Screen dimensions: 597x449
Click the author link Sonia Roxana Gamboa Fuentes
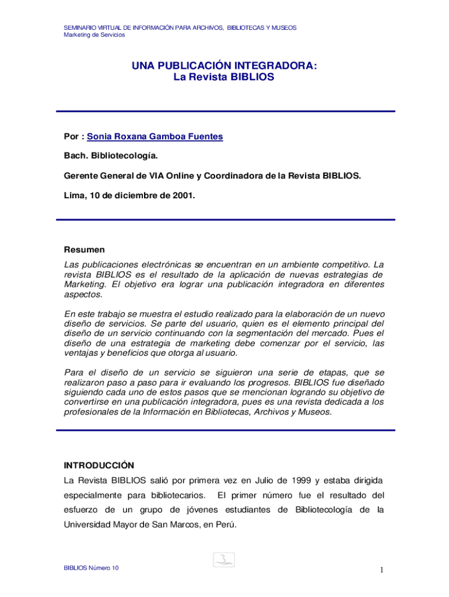tap(155, 136)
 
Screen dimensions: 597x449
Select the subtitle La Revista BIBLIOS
tap(224, 76)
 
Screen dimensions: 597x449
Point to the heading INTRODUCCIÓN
tap(99, 465)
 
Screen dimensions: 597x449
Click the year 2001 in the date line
tap(183, 196)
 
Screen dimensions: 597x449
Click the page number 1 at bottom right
tap(381, 570)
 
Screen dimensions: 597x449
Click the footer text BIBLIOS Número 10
tap(92, 568)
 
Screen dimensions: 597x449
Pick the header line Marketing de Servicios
tap(94, 35)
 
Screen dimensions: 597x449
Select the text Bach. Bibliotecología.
tap(111, 156)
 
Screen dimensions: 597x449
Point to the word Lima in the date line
tap(73, 196)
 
